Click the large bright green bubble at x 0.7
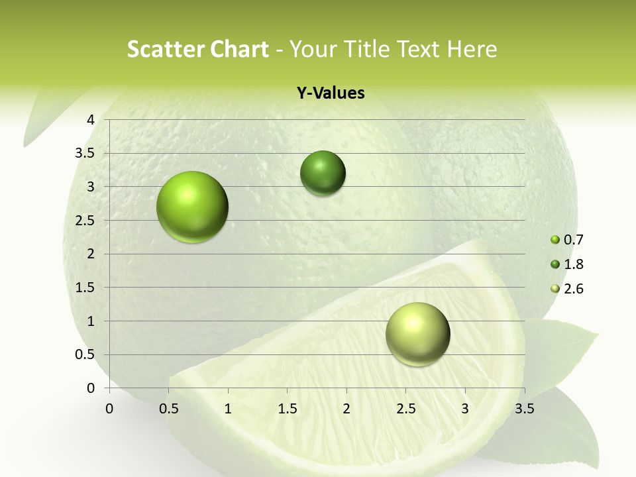(x=193, y=207)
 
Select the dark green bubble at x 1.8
(x=323, y=174)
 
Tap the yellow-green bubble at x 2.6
(x=417, y=334)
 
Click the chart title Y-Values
(x=330, y=93)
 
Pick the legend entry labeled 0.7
(x=567, y=240)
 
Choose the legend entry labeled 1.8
(x=567, y=264)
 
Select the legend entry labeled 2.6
(x=567, y=289)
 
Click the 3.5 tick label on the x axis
(x=524, y=409)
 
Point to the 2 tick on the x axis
(x=346, y=409)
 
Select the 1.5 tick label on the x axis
(x=287, y=409)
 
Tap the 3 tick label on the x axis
(x=465, y=409)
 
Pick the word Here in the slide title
(x=471, y=49)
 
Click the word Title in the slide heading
(x=363, y=49)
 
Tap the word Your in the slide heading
(x=313, y=49)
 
